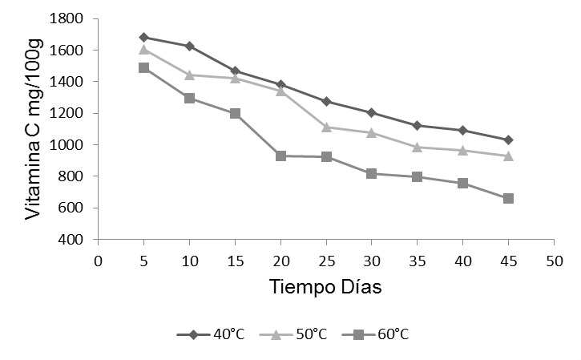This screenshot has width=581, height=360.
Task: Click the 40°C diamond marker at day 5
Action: (143, 37)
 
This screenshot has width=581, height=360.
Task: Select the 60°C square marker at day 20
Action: (280, 156)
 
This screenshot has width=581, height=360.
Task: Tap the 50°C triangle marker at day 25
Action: (325, 127)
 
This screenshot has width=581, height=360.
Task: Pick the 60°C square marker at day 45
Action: (508, 198)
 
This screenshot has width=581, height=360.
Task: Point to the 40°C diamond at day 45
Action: (508, 140)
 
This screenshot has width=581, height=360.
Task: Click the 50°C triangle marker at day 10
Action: (189, 75)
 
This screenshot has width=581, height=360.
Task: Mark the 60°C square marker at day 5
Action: (143, 67)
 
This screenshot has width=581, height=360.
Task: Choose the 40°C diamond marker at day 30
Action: (371, 112)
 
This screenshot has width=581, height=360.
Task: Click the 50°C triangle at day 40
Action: (462, 150)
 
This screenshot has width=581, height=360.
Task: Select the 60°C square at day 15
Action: (235, 113)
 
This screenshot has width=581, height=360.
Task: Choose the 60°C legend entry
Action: (372, 334)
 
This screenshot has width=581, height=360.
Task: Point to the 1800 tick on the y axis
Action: (73, 18)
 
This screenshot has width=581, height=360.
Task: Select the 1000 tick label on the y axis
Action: (73, 145)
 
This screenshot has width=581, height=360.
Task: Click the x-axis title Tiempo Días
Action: (325, 287)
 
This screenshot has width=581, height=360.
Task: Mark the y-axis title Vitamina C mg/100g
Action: (34, 129)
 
